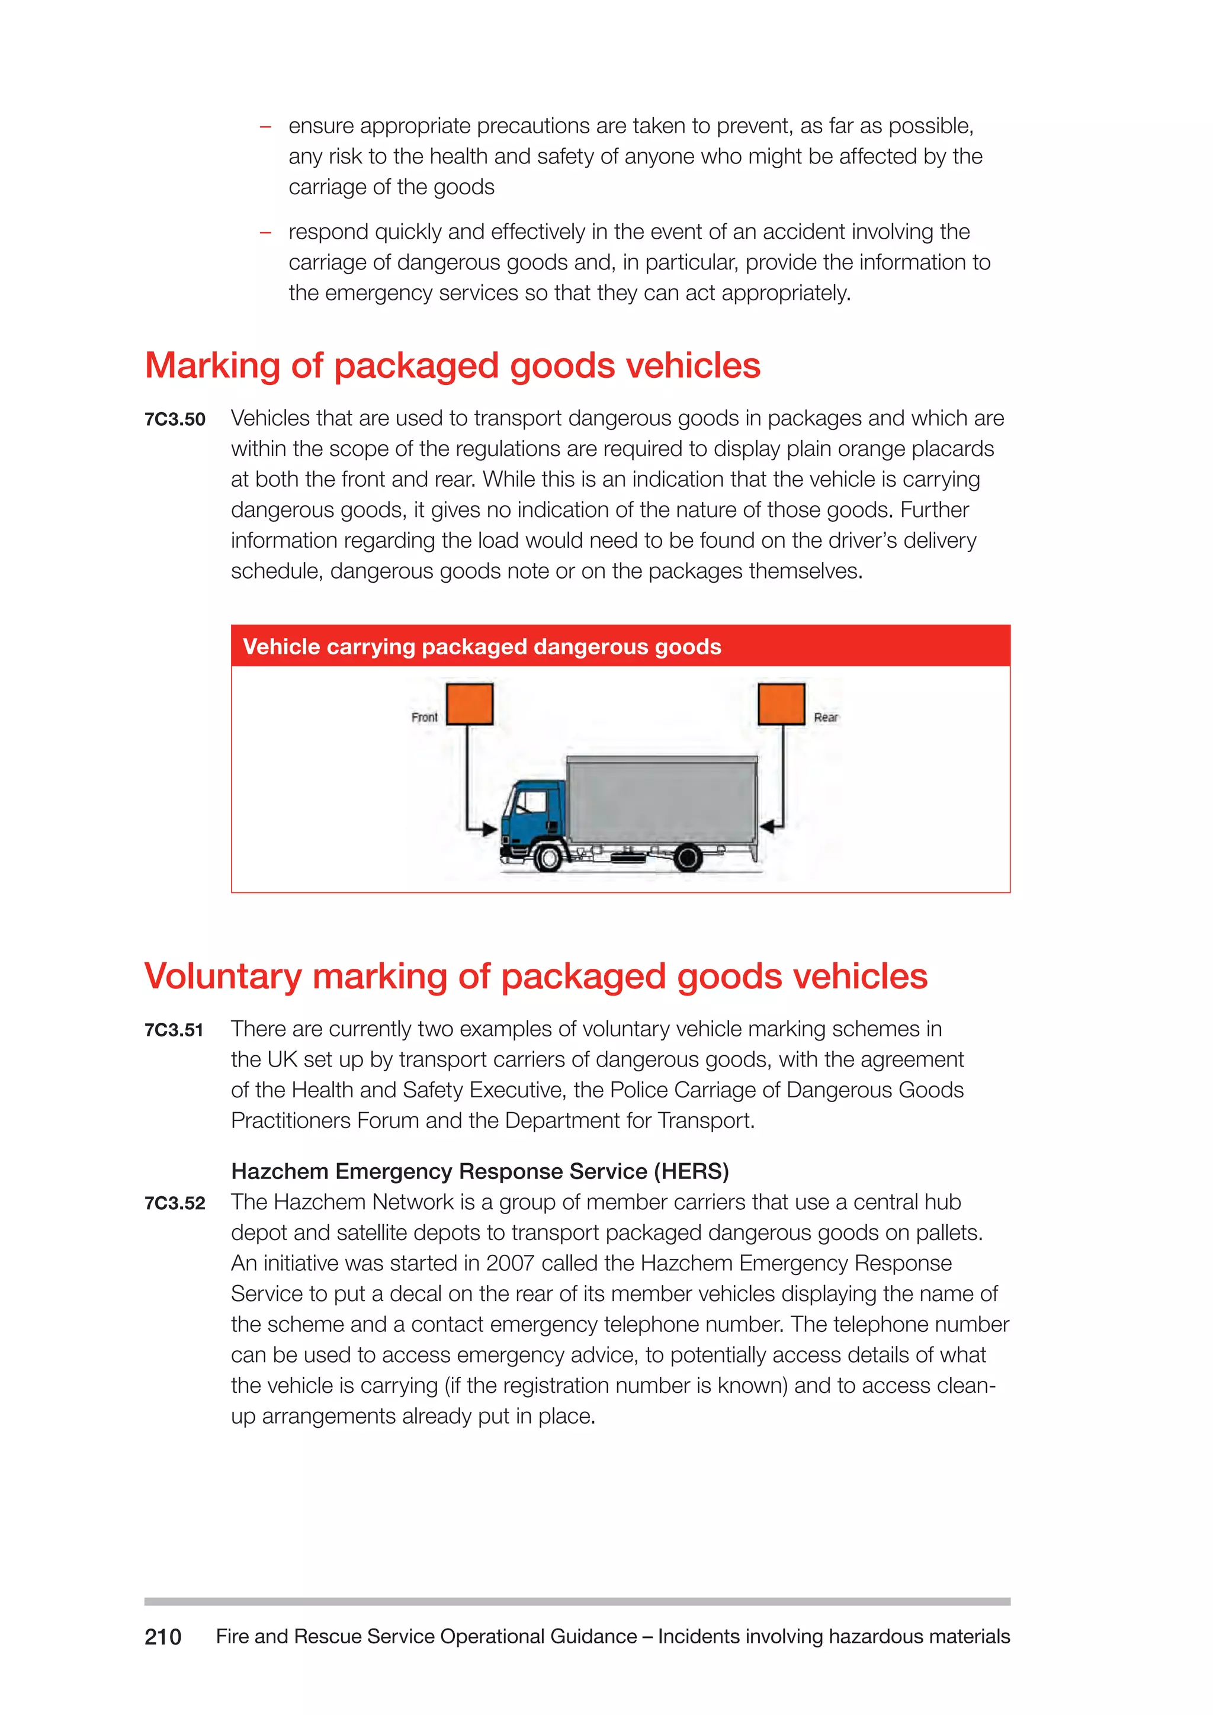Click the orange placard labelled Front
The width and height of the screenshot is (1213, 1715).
469,703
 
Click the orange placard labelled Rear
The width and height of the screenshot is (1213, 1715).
781,703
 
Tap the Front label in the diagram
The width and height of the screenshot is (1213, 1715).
424,717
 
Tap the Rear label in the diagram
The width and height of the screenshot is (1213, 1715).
825,717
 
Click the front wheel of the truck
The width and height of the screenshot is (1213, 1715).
549,858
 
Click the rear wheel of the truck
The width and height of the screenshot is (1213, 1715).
688,858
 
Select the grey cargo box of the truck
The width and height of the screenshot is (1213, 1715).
662,799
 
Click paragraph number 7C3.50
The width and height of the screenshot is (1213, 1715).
175,420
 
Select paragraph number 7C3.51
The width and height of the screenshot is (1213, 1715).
174,1031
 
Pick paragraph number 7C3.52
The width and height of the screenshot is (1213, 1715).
175,1203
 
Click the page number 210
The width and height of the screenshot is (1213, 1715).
163,1637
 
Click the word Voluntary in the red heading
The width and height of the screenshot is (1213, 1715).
223,977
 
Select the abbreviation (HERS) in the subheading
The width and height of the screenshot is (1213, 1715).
691,1171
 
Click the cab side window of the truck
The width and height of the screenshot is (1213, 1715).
532,801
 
